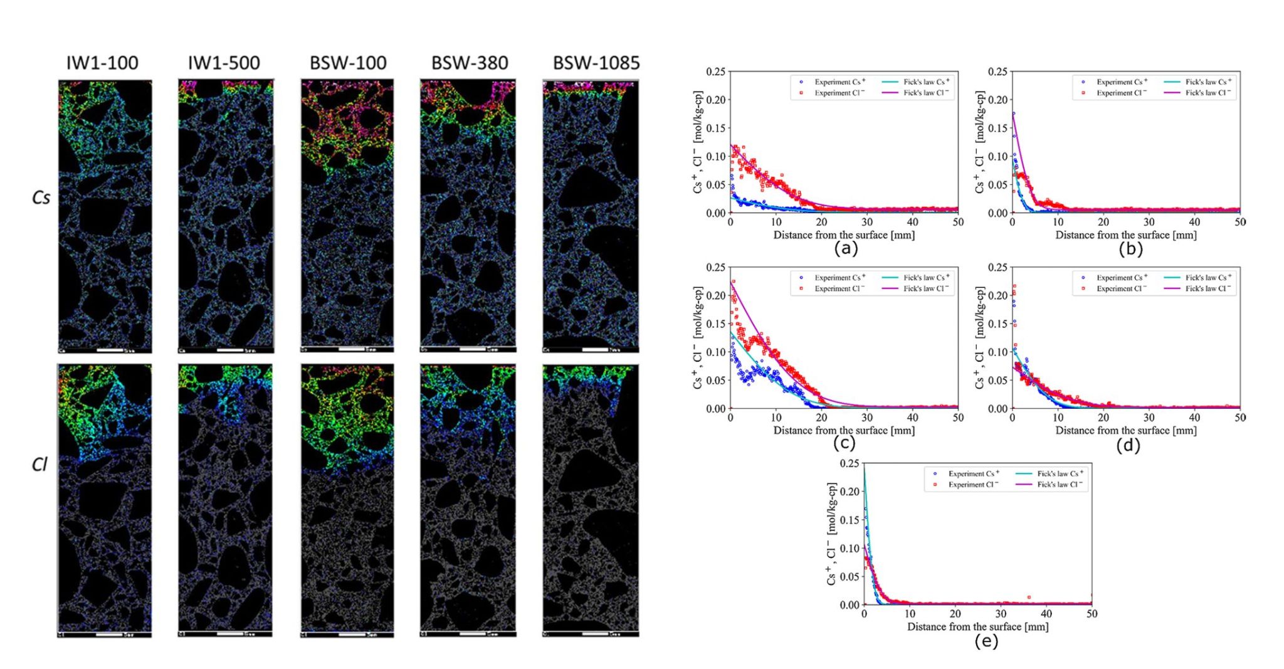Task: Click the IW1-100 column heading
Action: click(x=102, y=63)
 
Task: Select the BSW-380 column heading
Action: click(x=470, y=63)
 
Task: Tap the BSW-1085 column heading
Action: click(x=596, y=63)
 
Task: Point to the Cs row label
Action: click(x=41, y=198)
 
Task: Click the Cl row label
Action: click(x=39, y=464)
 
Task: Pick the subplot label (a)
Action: click(x=845, y=248)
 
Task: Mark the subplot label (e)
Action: click(x=986, y=641)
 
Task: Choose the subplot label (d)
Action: click(x=1128, y=445)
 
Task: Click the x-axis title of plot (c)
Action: click(x=844, y=430)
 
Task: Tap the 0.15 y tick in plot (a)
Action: click(x=715, y=128)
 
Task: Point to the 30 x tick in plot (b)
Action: click(x=1149, y=222)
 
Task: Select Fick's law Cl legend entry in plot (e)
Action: click(x=1060, y=485)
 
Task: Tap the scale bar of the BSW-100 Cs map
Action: click(x=351, y=349)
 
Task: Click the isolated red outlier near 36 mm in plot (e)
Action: click(x=1029, y=598)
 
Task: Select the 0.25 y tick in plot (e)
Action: click(x=850, y=463)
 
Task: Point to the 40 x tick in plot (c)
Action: click(x=912, y=418)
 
